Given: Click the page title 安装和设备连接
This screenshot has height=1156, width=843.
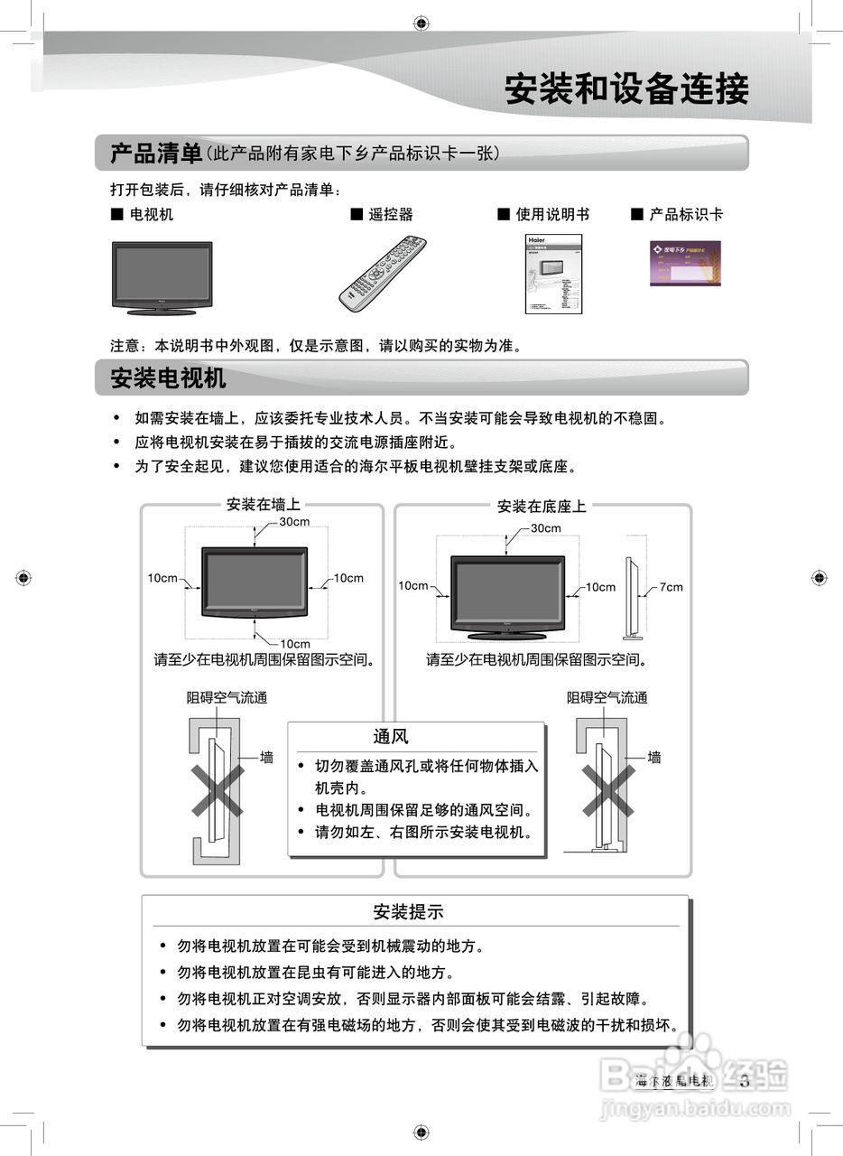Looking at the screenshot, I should (x=625, y=90).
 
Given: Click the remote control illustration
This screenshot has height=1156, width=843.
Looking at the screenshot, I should (x=382, y=272).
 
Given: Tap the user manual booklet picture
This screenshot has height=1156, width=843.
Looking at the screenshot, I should (x=553, y=274).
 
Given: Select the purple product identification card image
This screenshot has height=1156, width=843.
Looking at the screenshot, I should (x=685, y=263).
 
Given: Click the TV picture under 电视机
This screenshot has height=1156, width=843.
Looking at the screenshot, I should (x=162, y=277).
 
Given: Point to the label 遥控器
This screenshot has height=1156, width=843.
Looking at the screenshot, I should (x=390, y=214).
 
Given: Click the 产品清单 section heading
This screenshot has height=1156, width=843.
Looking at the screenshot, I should (x=155, y=154).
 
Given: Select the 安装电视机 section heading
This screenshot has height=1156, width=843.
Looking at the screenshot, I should (x=168, y=378).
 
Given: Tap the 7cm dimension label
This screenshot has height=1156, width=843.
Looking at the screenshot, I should (x=671, y=587).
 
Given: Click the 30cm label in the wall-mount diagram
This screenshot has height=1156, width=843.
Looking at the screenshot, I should (x=294, y=522).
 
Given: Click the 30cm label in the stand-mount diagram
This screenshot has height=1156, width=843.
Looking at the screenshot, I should (x=545, y=528).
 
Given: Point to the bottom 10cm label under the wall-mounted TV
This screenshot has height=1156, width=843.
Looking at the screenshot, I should (x=294, y=644).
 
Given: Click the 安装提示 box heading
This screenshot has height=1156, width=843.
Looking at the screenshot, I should (x=409, y=912).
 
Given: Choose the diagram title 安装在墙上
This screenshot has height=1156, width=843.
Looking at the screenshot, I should (x=263, y=505).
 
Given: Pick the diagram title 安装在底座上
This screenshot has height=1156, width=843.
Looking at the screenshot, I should (x=542, y=507).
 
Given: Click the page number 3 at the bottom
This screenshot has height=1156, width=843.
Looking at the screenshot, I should (x=745, y=1080).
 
